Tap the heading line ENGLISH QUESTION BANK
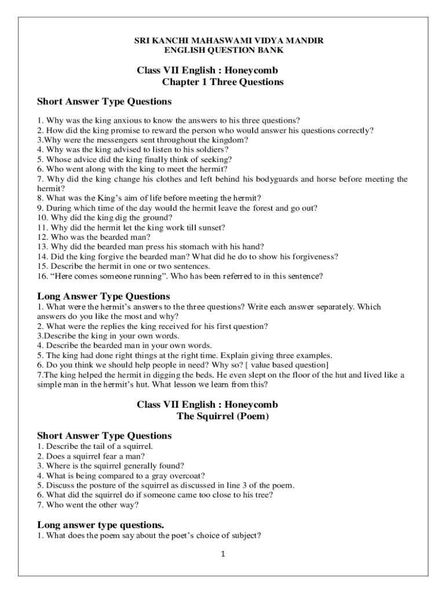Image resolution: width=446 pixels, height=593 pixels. [x=223, y=50]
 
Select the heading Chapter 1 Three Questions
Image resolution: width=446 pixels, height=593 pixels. [x=222, y=82]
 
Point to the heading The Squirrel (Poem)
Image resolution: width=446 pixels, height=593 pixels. [x=222, y=416]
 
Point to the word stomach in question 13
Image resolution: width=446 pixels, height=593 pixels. [x=198, y=247]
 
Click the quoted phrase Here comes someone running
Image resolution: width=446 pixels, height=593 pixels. [x=96, y=276]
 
